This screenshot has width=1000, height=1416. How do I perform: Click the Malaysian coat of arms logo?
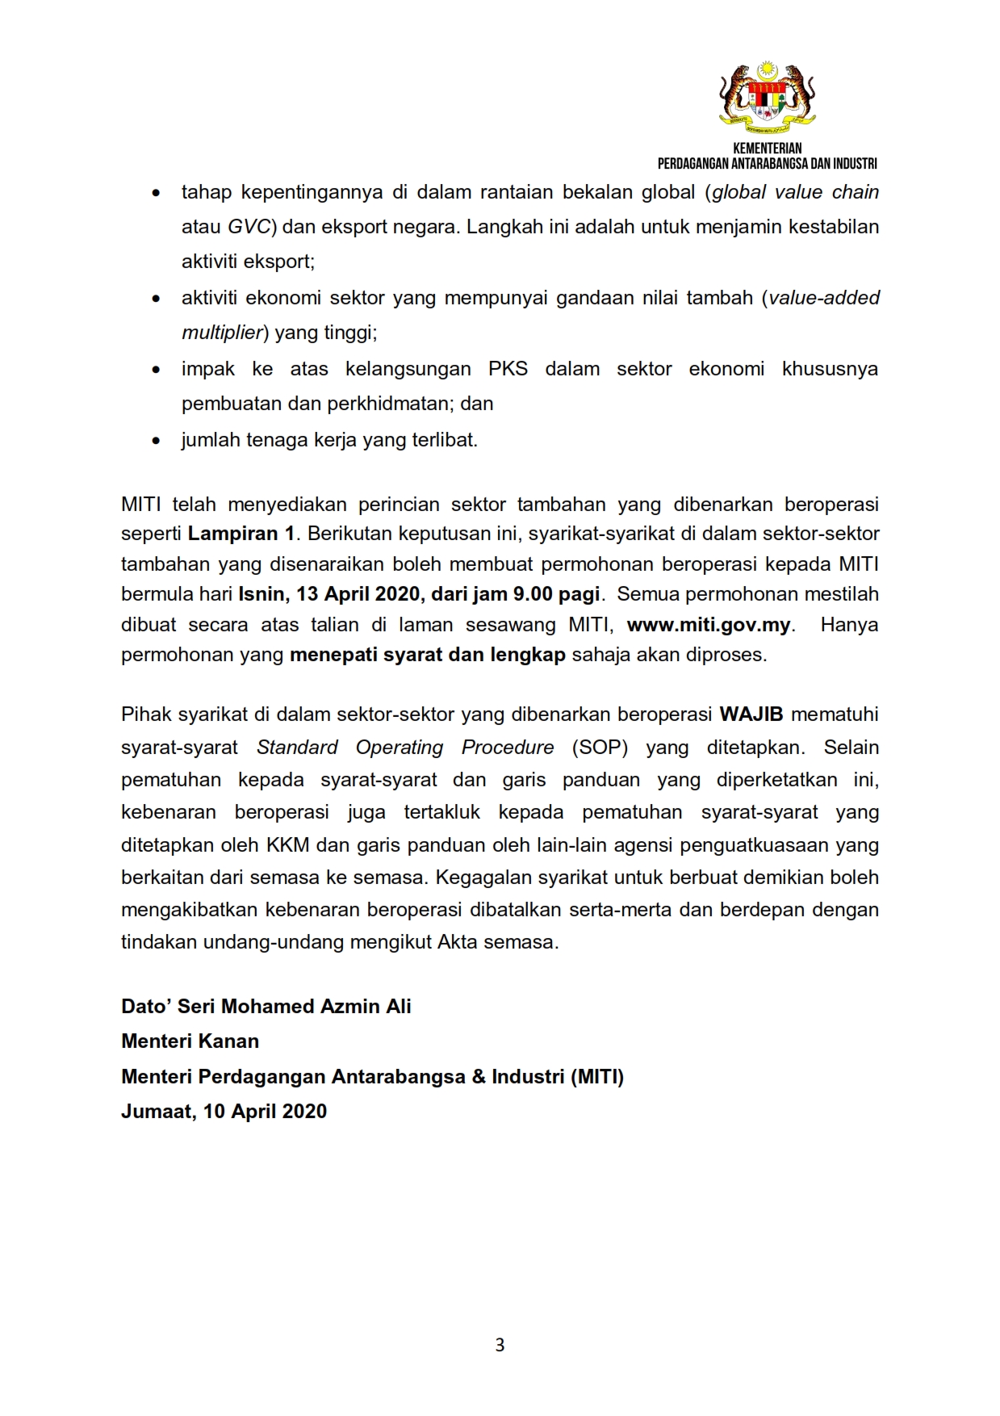(x=767, y=96)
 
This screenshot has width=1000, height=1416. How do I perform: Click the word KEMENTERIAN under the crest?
(x=767, y=149)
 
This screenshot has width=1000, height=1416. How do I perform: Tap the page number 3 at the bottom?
(x=500, y=1345)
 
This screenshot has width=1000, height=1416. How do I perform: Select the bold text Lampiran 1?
(x=241, y=534)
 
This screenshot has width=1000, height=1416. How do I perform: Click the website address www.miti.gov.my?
(x=709, y=625)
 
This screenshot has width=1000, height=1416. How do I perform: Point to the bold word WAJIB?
(x=752, y=714)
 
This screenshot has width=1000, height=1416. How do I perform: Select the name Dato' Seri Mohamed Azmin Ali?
(x=266, y=1007)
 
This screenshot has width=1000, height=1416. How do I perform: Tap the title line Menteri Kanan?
(x=190, y=1041)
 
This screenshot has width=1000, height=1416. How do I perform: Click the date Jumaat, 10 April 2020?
(x=224, y=1112)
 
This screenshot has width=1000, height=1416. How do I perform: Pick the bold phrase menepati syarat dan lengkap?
(x=427, y=655)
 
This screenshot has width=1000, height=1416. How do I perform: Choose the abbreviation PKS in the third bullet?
(x=508, y=369)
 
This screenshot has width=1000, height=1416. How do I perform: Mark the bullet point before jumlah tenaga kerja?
(x=156, y=441)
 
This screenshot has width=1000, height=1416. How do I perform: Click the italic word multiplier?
(x=222, y=333)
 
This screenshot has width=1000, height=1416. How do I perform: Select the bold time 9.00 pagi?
(x=557, y=594)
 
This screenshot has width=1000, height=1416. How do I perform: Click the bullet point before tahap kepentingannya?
(x=156, y=193)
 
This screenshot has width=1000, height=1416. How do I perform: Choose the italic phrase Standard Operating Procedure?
(x=405, y=748)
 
